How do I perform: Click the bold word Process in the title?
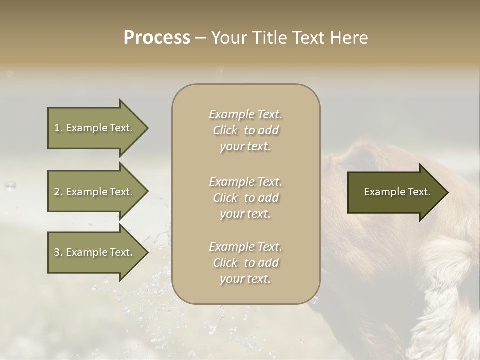(157, 38)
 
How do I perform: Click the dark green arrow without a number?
(395, 192)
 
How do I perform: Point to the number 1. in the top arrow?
(58, 128)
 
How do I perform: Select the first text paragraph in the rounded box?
(245, 130)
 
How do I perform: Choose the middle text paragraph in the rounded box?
(245, 197)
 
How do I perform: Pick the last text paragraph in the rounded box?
(245, 263)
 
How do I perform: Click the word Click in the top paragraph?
(225, 131)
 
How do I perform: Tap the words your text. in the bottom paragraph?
(245, 279)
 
